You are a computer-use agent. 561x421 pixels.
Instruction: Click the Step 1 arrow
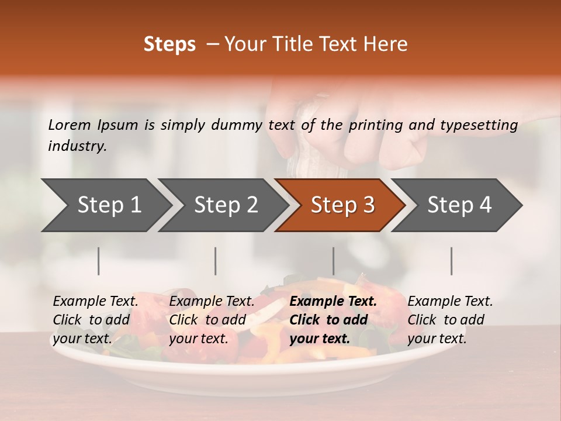click(x=108, y=205)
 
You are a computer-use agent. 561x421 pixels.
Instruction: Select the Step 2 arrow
click(x=225, y=205)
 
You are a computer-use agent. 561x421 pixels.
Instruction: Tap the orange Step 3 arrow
click(x=342, y=205)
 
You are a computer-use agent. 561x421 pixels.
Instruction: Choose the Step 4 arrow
click(x=459, y=205)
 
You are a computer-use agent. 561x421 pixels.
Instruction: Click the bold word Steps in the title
click(x=169, y=44)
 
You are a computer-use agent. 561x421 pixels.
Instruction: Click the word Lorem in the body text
click(x=70, y=125)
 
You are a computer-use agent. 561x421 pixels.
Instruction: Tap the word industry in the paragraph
click(x=77, y=146)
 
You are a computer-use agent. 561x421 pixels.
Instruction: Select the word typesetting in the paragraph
click(x=479, y=125)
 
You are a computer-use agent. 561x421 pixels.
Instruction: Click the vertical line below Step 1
click(x=99, y=261)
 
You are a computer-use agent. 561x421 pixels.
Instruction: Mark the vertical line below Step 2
click(x=216, y=261)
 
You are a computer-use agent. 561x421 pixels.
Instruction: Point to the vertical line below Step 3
click(x=333, y=261)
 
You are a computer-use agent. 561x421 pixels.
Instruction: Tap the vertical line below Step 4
click(x=451, y=261)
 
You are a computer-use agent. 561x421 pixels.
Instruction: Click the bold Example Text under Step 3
click(x=333, y=302)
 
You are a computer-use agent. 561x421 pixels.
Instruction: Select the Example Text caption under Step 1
click(x=95, y=302)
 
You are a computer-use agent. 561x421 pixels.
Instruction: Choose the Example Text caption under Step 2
click(x=212, y=302)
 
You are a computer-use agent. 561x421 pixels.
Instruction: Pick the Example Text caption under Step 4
click(x=450, y=302)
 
